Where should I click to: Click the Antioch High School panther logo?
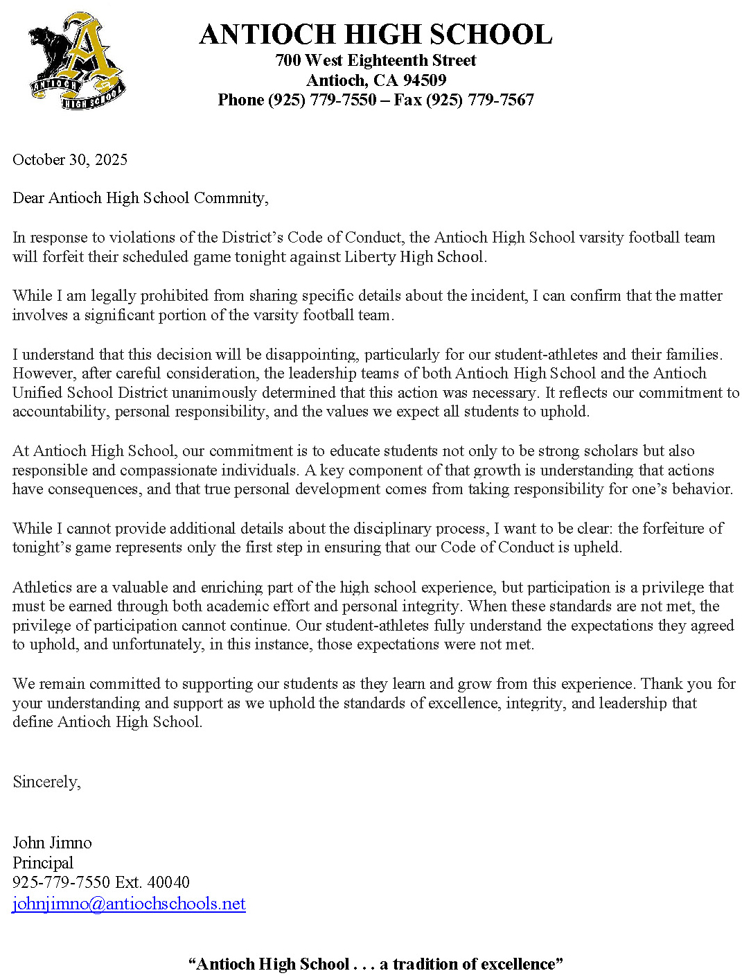tap(76, 60)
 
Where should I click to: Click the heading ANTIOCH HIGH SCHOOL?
tap(376, 35)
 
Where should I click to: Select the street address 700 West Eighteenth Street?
tap(376, 60)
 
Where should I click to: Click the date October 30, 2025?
tap(70, 159)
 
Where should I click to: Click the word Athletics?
tap(42, 587)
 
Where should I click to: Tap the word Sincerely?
tap(46, 782)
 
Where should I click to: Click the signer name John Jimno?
tap(52, 843)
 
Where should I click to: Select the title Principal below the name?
tap(43, 863)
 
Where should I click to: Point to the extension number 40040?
tap(168, 882)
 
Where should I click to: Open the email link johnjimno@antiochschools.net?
tap(129, 904)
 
